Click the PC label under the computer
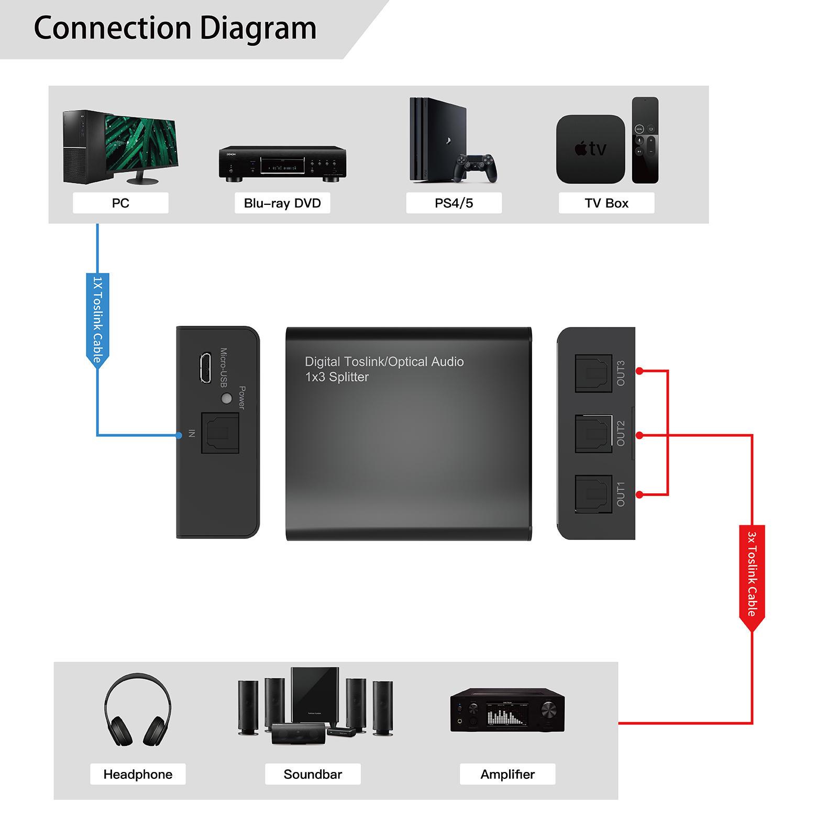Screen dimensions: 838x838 pyautogui.click(x=120, y=203)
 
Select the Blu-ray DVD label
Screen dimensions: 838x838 pyautogui.click(x=282, y=203)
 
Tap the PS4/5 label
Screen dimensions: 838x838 pyautogui.click(x=454, y=203)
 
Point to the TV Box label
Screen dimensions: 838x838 pyautogui.click(x=607, y=203)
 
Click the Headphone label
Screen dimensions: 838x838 pyautogui.click(x=138, y=774)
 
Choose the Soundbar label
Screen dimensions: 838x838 pyautogui.click(x=313, y=774)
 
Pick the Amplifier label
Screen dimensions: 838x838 pyautogui.click(x=508, y=774)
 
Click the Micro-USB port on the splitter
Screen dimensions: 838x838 pyautogui.click(x=205, y=368)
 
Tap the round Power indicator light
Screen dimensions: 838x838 pyautogui.click(x=227, y=399)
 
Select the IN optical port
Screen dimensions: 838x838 pyautogui.click(x=220, y=433)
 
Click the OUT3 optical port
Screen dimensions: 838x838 pyautogui.click(x=593, y=373)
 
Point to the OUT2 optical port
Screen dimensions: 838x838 pyautogui.click(x=593, y=434)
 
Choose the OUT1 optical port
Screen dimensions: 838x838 pyautogui.click(x=593, y=494)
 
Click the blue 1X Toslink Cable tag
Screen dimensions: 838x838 pyautogui.click(x=97, y=319)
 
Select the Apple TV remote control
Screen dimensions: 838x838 pyautogui.click(x=645, y=140)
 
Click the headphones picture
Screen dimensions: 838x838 pyautogui.click(x=138, y=710)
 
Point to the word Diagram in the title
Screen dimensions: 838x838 pyautogui.click(x=258, y=28)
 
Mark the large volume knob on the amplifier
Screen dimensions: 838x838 pyautogui.click(x=548, y=710)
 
